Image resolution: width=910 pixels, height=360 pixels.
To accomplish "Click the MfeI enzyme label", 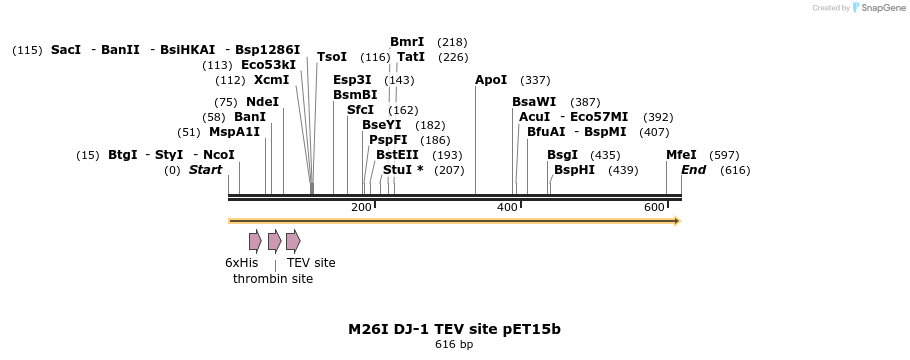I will (x=681, y=155).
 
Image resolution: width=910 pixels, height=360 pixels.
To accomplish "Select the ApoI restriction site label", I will (x=491, y=80).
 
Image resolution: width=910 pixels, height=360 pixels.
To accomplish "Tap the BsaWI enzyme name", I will (x=534, y=102).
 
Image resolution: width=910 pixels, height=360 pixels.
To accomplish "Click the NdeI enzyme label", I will (x=262, y=102).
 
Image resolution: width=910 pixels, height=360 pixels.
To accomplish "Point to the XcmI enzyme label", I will (x=271, y=80).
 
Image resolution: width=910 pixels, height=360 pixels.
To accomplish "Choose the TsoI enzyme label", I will (x=332, y=57).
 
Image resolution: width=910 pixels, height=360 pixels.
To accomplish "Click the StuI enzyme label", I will (x=397, y=170).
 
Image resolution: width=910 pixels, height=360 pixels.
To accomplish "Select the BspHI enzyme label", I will (x=574, y=170).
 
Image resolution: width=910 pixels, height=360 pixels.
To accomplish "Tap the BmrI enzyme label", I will (x=407, y=42).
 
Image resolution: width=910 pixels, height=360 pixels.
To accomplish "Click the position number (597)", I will (x=724, y=155).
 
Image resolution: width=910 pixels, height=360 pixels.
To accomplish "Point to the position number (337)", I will (x=536, y=80).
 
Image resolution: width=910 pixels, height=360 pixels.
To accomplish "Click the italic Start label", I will (x=205, y=170).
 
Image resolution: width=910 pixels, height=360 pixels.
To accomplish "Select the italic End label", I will (x=693, y=170).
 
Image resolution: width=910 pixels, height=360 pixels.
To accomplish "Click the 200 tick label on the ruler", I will (x=361, y=207).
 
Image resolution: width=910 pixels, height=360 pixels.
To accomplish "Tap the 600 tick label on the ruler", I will (x=654, y=207).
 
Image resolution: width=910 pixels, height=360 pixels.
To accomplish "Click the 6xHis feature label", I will (x=241, y=263).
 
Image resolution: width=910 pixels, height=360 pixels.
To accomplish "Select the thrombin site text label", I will (x=273, y=279).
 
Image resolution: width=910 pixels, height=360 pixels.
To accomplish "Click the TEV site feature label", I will (x=311, y=263).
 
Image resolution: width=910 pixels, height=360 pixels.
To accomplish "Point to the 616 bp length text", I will (x=454, y=345).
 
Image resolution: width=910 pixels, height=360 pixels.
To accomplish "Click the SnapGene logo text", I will (x=883, y=8).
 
